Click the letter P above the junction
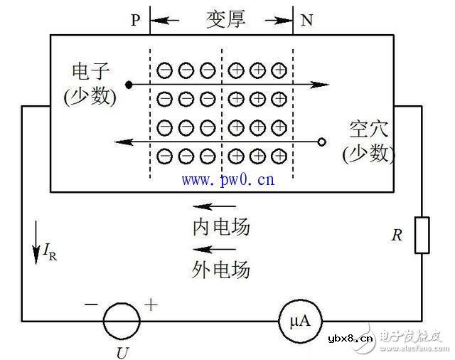[x=136, y=20]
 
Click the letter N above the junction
[x=306, y=20]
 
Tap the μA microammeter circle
[x=294, y=321]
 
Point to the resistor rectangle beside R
[x=422, y=235]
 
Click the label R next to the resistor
[x=397, y=235]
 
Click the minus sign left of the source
[x=91, y=304]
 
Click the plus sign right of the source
[x=151, y=304]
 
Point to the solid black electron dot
[x=129, y=85]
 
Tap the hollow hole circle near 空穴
[x=321, y=142]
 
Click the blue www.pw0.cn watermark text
[x=227, y=179]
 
